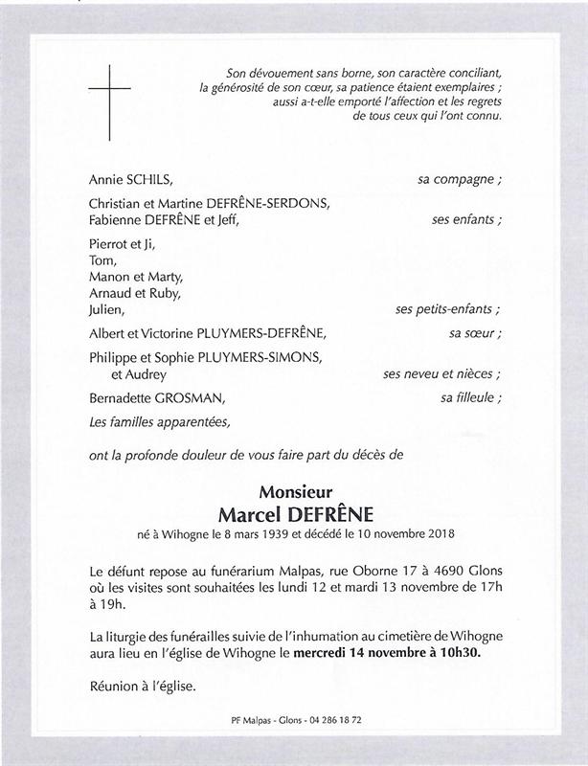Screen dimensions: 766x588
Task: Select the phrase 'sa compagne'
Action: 463,179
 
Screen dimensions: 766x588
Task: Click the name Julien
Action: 106,310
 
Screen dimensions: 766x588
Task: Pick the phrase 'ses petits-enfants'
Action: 444,310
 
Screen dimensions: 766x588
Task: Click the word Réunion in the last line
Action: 115,687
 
